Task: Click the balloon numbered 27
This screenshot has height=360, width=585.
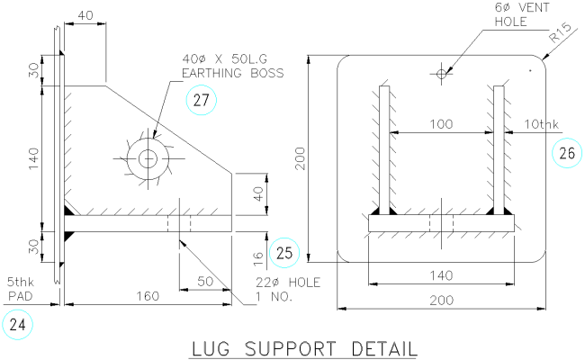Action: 202,100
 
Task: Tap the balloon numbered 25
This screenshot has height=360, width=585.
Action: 284,254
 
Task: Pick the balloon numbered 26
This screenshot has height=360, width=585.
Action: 566,154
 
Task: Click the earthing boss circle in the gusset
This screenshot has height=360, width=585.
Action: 148,159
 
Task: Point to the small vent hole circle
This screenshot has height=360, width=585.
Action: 441,73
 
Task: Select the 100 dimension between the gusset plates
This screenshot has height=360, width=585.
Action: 440,122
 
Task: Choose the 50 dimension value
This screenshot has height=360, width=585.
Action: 204,282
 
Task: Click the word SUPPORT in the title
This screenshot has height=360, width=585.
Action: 292,348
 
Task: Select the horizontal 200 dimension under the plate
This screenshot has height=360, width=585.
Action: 440,301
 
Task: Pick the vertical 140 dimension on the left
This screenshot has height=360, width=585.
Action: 32,158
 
